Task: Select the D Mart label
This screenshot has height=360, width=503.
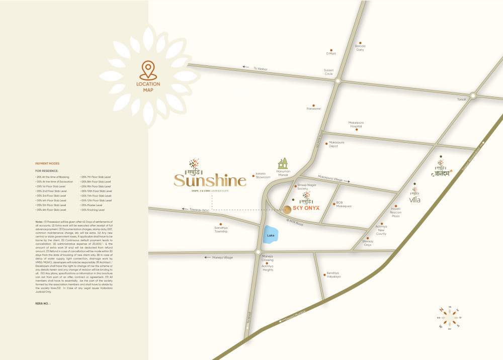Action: [331, 53]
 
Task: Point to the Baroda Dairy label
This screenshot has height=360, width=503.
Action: [360, 48]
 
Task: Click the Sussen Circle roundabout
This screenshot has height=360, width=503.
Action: [338, 80]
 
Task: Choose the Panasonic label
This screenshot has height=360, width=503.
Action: [313, 109]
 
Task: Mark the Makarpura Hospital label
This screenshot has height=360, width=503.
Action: [356, 124]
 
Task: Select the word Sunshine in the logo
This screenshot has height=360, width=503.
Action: [210, 180]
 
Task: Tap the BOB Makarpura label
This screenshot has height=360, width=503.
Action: [343, 206]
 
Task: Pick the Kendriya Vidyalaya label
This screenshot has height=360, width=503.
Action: [333, 275]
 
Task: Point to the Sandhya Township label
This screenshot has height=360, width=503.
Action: [221, 230]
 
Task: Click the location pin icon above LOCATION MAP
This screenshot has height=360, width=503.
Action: [148, 69]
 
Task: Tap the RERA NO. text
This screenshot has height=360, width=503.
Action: [43, 304]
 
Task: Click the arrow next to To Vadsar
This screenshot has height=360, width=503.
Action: [245, 67]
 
